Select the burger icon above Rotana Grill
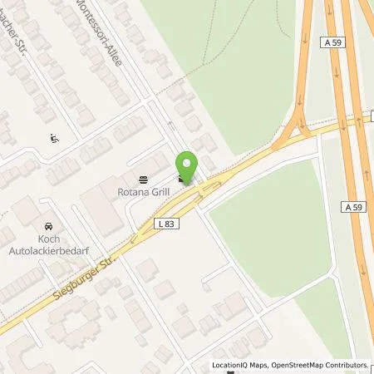(143, 178)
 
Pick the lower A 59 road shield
(350, 206)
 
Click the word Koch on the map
(48, 239)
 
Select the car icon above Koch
(48, 226)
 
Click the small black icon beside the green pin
(182, 177)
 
